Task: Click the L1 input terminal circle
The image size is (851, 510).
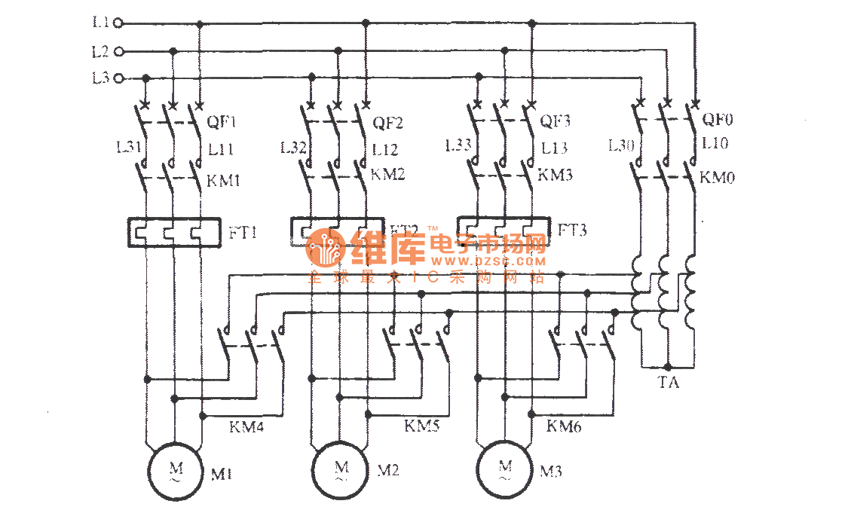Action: [x=118, y=23]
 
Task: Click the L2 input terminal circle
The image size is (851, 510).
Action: [x=118, y=52]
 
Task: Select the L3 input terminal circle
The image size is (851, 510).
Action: [x=118, y=78]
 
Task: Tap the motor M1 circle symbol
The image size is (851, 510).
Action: [x=174, y=471]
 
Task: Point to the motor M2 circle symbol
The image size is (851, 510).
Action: [x=341, y=471]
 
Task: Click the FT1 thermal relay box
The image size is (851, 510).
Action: [x=174, y=232]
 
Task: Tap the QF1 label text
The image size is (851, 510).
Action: [x=222, y=122]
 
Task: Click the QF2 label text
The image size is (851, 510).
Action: [x=388, y=122]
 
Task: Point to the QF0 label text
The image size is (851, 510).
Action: [x=718, y=118]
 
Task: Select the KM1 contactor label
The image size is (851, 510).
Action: [x=224, y=180]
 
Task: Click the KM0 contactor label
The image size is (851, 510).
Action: [x=718, y=178]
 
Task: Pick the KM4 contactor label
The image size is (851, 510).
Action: [x=246, y=426]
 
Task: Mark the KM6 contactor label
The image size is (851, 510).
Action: [x=564, y=426]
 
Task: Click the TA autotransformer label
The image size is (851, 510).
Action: [x=668, y=383]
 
